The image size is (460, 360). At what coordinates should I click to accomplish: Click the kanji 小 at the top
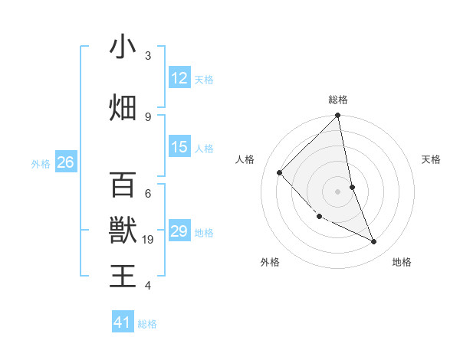click(123, 47)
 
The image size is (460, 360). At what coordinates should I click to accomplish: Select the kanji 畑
click(123, 108)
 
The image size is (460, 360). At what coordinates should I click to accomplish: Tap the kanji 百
click(123, 184)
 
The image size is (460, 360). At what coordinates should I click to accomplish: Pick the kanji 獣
click(123, 230)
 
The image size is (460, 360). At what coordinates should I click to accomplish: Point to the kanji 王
click(123, 276)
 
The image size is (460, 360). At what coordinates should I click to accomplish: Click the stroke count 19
click(149, 240)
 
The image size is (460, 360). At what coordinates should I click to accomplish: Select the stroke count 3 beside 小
click(148, 56)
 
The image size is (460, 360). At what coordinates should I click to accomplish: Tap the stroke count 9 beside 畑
click(148, 117)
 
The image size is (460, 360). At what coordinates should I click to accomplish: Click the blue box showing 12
click(179, 78)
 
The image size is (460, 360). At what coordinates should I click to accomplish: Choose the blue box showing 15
click(179, 147)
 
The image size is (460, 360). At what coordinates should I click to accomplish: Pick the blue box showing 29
click(179, 231)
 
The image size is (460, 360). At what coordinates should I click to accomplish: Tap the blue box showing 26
click(65, 162)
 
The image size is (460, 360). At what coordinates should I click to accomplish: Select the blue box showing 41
click(123, 322)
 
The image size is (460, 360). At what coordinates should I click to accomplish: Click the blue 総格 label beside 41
click(147, 324)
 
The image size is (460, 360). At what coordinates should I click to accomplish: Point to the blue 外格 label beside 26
click(41, 163)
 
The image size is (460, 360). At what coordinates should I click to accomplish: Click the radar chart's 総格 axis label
click(338, 100)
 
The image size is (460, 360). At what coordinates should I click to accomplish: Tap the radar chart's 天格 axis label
click(432, 159)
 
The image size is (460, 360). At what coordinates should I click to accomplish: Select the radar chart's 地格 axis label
click(402, 262)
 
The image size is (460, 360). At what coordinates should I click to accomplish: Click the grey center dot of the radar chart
click(337, 191)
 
